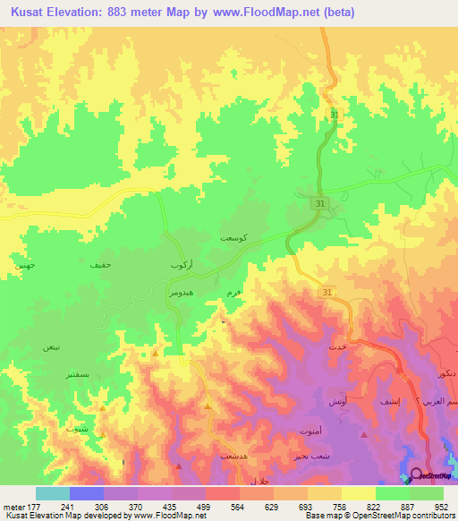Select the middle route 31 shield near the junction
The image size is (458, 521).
(x=319, y=205)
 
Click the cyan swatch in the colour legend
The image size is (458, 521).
(x=52, y=493)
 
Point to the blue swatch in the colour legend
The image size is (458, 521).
(x=86, y=493)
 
